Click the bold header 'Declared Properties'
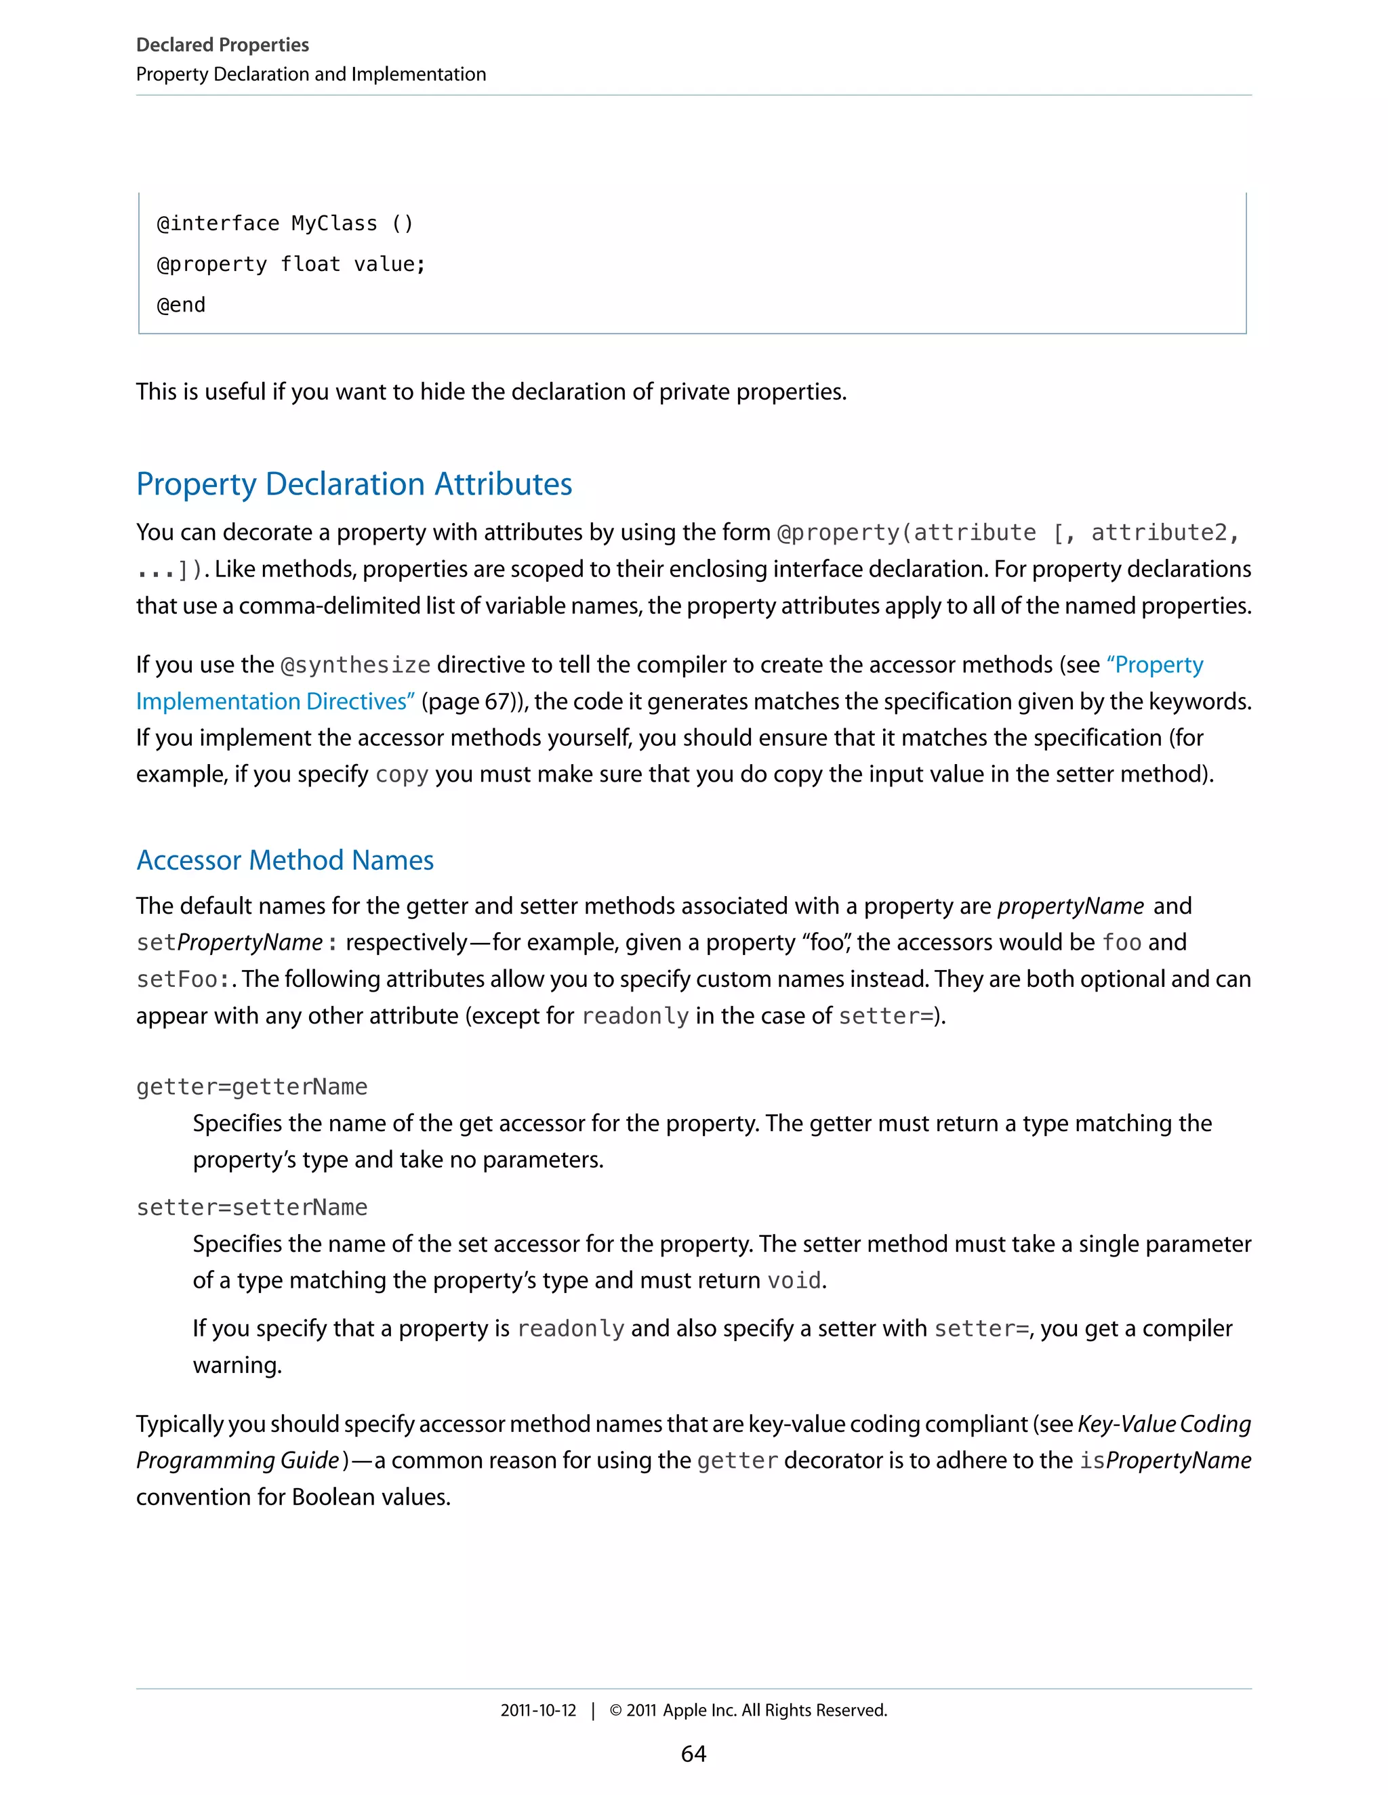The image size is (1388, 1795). [222, 45]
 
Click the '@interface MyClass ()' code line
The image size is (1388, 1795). [285, 224]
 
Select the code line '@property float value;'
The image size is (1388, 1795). [291, 265]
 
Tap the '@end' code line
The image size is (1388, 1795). [181, 305]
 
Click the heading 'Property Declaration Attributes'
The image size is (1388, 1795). [354, 484]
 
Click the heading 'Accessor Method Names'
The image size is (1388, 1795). [285, 860]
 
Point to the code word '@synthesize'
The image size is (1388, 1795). [355, 665]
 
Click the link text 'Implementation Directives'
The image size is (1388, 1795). [274, 702]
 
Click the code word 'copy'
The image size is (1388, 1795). [401, 775]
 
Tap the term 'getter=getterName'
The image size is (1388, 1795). [251, 1086]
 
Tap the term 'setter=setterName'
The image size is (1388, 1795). [251, 1207]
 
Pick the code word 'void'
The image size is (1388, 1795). [794, 1280]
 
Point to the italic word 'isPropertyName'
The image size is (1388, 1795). [1165, 1460]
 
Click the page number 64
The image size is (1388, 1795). [693, 1754]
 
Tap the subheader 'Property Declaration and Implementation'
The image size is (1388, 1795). [311, 74]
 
